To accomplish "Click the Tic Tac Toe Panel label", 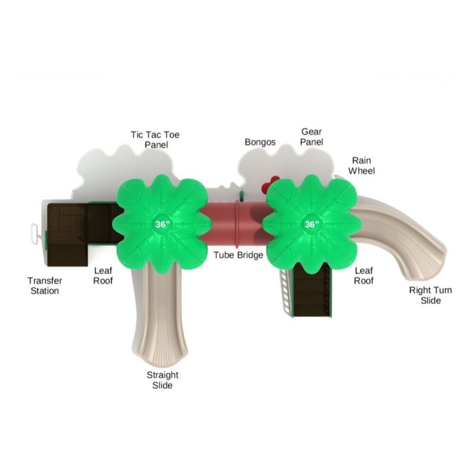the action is [x=155, y=139].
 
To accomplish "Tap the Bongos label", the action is [x=260, y=142].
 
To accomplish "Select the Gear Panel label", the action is [x=312, y=137].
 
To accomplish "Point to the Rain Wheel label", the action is [x=362, y=166].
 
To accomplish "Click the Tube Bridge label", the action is [x=238, y=255].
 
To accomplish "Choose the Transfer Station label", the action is [x=45, y=286].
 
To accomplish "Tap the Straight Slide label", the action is [x=163, y=380].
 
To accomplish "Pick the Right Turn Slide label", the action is [x=431, y=296].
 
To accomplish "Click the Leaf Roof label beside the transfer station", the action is [x=103, y=276].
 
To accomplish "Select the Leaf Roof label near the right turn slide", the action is [x=363, y=276].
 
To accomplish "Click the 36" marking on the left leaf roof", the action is [x=163, y=224].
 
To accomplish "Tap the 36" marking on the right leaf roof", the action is [x=312, y=224].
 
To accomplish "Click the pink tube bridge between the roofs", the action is [x=237, y=223].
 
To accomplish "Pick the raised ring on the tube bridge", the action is [x=238, y=223].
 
